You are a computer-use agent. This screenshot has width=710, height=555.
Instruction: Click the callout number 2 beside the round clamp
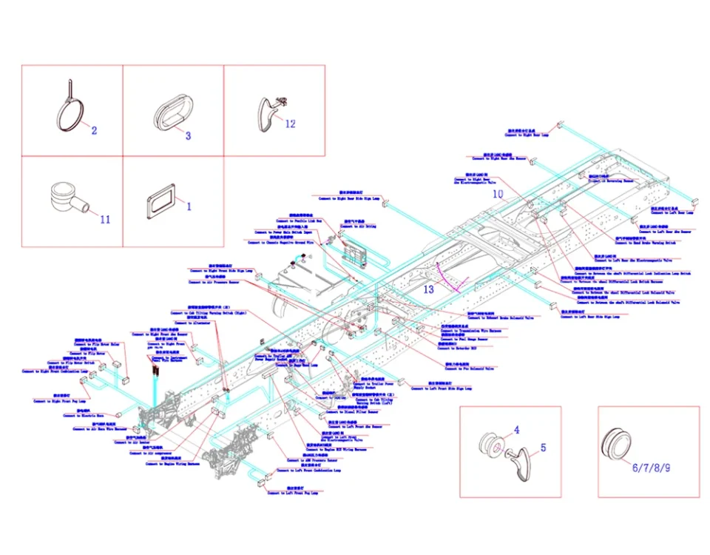click(94, 131)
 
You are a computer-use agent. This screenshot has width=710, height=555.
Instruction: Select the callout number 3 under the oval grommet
click(188, 135)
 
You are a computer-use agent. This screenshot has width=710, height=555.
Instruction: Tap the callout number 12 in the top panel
click(290, 124)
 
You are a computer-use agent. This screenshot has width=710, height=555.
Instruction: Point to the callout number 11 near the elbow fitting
click(105, 219)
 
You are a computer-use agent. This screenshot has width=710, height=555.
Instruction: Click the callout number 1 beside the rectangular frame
click(188, 206)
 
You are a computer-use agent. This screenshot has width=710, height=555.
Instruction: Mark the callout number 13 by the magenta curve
click(429, 289)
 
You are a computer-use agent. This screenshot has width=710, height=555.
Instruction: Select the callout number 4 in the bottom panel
click(517, 429)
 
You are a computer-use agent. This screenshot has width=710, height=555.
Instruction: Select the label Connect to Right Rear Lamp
click(527, 135)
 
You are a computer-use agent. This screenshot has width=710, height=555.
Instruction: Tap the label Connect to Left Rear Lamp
click(670, 212)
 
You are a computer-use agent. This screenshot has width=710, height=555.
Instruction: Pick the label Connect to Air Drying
click(359, 226)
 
